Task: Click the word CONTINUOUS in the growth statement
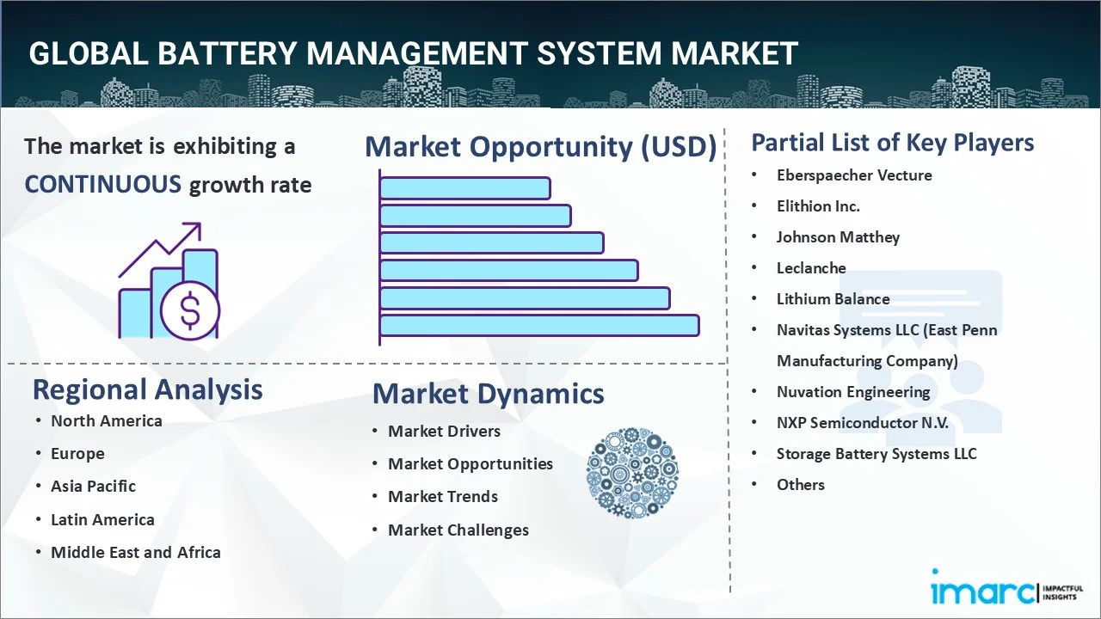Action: (x=102, y=184)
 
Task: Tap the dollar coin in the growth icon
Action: (x=190, y=310)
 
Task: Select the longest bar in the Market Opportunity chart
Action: (x=539, y=325)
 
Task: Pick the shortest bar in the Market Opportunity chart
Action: (x=464, y=187)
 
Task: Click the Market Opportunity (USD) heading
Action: (x=540, y=147)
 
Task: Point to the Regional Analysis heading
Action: (x=147, y=389)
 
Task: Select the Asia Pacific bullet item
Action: (x=93, y=486)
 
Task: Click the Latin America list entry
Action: (x=102, y=519)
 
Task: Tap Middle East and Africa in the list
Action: (x=135, y=552)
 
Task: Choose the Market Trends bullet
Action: (x=442, y=496)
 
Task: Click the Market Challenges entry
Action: (x=458, y=530)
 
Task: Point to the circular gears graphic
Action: (x=632, y=473)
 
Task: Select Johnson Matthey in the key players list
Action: (x=838, y=236)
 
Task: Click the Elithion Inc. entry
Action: (x=818, y=205)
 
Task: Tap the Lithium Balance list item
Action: (x=833, y=298)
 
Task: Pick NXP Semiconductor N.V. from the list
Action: (x=862, y=422)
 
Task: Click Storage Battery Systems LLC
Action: (x=876, y=453)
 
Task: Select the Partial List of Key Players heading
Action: (x=893, y=142)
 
